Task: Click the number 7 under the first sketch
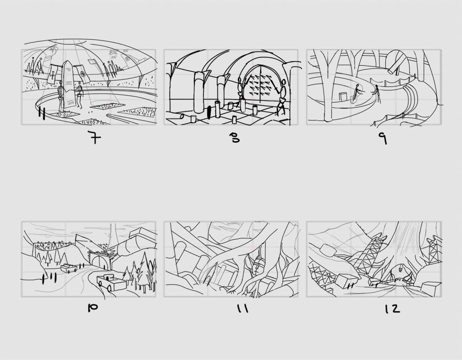(95, 137)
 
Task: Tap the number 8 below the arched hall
(236, 138)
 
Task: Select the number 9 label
(383, 138)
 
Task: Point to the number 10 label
(92, 308)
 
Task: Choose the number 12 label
(393, 309)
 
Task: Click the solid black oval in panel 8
(209, 112)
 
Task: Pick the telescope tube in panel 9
(395, 65)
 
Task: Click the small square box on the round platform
(343, 97)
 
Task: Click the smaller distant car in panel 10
(69, 268)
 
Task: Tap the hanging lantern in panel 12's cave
(401, 268)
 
